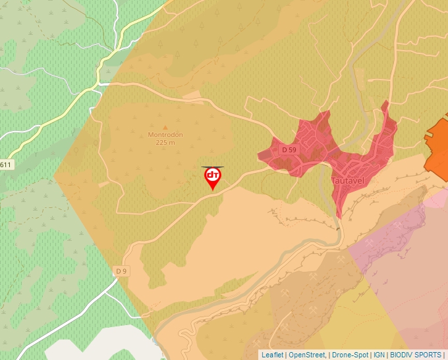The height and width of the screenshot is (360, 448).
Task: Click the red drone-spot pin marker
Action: [x=213, y=178]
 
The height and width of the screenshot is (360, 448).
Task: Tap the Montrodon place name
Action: [x=165, y=135]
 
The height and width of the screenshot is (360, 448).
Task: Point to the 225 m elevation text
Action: [x=165, y=142]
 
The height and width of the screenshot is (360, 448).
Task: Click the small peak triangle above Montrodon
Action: [x=165, y=127]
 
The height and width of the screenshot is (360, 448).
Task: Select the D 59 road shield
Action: [x=289, y=150]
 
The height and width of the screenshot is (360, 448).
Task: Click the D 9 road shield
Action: [x=121, y=271]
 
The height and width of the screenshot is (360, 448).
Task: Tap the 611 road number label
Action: [x=6, y=165]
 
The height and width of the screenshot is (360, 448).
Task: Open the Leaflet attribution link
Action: [x=272, y=355]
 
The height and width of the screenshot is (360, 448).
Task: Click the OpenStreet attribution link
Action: [x=306, y=355]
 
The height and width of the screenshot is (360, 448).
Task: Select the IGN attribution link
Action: [x=379, y=355]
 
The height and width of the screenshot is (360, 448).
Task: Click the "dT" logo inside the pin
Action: [x=213, y=175]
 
